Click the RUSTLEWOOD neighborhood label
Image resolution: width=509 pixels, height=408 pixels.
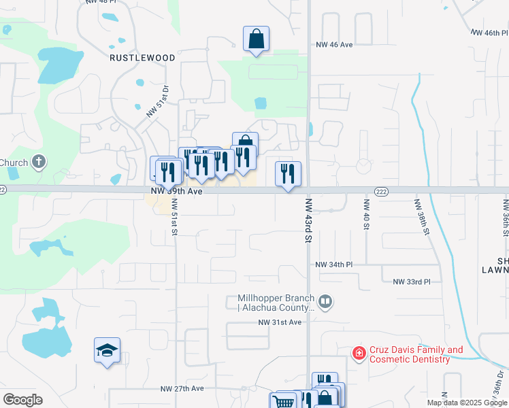coord(143,58)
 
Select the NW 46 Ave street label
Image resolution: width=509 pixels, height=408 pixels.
coord(334,44)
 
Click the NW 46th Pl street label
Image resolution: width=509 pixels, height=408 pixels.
coord(489,32)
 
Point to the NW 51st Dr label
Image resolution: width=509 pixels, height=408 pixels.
coord(157,101)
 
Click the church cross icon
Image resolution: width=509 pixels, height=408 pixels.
coord(39,162)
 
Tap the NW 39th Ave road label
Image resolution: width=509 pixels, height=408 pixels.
coord(177,192)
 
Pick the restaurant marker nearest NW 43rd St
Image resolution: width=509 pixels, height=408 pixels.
coord(288,173)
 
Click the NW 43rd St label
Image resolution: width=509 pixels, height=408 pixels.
coord(308,220)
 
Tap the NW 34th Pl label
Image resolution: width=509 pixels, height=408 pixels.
coord(334,264)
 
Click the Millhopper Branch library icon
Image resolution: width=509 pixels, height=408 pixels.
coord(325,301)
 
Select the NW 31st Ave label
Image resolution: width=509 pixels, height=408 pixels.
coord(279,322)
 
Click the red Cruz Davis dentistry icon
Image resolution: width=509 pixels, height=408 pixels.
coord(358,353)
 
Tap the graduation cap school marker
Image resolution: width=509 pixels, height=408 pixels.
coord(108,350)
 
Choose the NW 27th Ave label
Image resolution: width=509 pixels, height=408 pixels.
coord(182,389)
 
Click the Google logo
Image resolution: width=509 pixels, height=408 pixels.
coord(22,400)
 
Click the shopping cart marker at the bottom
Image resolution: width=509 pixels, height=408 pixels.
coord(283,401)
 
